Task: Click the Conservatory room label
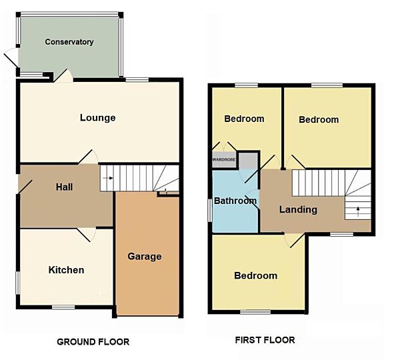click(x=69, y=42)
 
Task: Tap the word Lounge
click(x=98, y=118)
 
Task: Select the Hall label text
click(x=64, y=187)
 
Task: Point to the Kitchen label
click(x=67, y=270)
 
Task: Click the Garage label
click(x=145, y=256)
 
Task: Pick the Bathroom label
click(x=235, y=201)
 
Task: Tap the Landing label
click(x=298, y=209)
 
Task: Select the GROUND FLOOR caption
click(x=93, y=342)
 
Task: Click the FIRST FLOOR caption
click(x=265, y=340)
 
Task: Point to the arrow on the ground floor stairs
click(x=109, y=178)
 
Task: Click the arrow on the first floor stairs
click(x=357, y=211)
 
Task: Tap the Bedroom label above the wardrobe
click(x=244, y=119)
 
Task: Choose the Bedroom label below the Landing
click(x=255, y=275)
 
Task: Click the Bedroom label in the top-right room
click(x=319, y=120)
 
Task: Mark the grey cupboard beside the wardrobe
click(x=248, y=160)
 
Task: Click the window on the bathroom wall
click(x=211, y=210)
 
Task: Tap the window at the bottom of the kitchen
click(x=63, y=307)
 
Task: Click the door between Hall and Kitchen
click(x=85, y=233)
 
